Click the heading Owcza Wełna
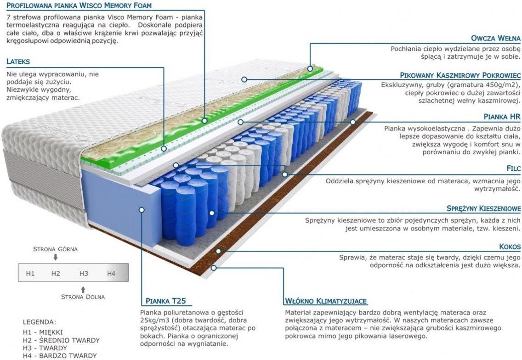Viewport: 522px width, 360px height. [495, 38]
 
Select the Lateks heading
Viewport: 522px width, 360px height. [18, 61]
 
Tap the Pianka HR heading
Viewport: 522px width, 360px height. [502, 117]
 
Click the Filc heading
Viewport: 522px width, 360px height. [513, 169]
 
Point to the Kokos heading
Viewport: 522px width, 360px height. [510, 247]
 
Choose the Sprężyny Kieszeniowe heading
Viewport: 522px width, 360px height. [483, 208]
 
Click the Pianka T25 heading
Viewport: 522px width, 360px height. [166, 301]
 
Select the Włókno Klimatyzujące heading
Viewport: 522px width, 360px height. [326, 301]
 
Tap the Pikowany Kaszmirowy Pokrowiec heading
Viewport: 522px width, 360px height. [460, 75]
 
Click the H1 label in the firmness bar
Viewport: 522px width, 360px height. [30, 274]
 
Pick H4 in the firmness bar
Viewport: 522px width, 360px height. [111, 274]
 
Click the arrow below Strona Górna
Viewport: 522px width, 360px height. [56, 257]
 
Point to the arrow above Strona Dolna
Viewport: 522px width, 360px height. [83, 289]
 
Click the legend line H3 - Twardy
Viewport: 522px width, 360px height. [45, 348]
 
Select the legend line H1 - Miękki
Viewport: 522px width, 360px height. [43, 332]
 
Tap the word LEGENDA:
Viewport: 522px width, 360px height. [39, 322]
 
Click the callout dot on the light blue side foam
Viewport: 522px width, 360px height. [142, 210]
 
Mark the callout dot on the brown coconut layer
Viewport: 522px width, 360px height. [218, 251]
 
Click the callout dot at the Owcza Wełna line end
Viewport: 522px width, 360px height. [310, 68]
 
